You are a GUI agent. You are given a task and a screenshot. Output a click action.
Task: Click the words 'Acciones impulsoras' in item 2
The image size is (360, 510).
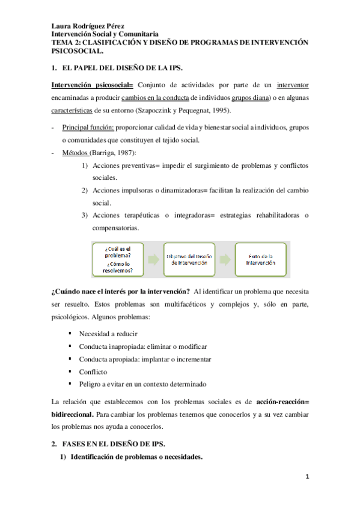[x=123, y=191]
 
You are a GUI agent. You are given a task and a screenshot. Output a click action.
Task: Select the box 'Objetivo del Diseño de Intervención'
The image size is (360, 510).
[x=190, y=259]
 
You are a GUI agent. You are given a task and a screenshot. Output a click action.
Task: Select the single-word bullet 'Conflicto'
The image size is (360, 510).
[x=93, y=372]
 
